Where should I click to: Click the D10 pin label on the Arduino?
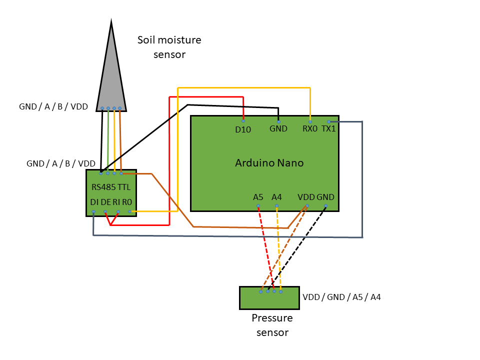click(243, 129)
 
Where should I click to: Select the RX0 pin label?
click(310, 128)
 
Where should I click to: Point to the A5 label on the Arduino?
click(258, 197)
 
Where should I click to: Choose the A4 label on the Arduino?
click(276, 197)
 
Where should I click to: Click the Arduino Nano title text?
click(269, 163)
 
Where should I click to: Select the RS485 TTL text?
click(111, 187)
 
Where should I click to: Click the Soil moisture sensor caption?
click(169, 47)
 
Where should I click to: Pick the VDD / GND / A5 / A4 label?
click(341, 297)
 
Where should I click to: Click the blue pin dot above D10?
click(243, 121)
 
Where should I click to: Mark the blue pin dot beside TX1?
click(328, 121)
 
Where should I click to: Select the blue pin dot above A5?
click(258, 206)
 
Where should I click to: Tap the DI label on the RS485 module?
click(94, 202)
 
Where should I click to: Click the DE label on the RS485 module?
click(105, 202)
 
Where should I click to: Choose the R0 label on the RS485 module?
click(127, 202)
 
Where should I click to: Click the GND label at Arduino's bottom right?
click(325, 197)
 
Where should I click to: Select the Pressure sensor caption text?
click(272, 325)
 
